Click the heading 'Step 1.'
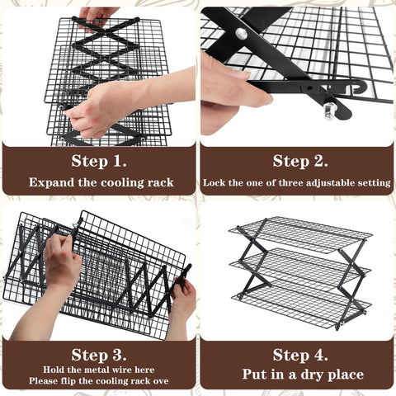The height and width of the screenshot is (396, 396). coord(99,160)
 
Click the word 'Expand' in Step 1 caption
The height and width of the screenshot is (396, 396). coord(50,182)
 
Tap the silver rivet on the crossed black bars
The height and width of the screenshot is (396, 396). coord(241,34)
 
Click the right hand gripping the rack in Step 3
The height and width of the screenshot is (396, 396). coord(181,301)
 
